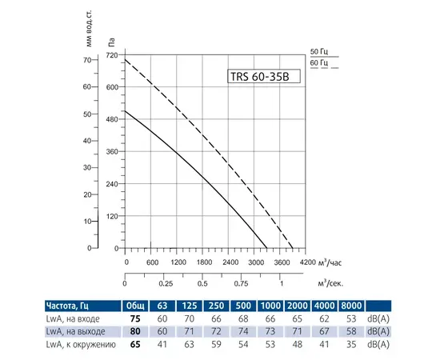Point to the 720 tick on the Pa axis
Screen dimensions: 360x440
[x=111, y=54]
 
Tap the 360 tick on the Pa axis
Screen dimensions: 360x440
[x=111, y=151]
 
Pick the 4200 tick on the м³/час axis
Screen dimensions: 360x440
[x=307, y=262]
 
